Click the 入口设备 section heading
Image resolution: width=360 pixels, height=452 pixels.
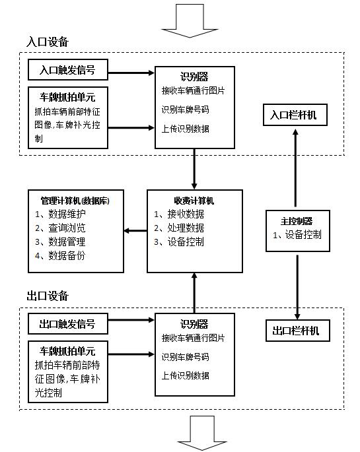tap(48, 42)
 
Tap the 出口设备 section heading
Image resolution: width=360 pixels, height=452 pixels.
tap(48, 296)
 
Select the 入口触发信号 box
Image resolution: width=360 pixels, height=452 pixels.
tap(68, 70)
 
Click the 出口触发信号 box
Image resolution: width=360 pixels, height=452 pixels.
tap(68, 324)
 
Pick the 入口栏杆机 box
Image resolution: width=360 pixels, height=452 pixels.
tap(295, 115)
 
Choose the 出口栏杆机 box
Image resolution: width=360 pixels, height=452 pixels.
tap(297, 331)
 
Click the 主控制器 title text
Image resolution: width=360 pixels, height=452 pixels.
tap(297, 221)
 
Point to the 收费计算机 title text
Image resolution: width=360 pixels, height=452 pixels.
tap(194, 201)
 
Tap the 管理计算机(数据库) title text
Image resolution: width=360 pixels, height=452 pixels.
tap(75, 201)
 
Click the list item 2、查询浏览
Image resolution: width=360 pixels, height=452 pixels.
tap(60, 228)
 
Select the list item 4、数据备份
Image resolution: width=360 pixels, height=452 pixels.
tap(60, 255)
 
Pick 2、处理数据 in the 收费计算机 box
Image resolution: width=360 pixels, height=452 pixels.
tap(179, 228)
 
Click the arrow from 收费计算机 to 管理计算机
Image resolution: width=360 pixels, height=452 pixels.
tap(135, 230)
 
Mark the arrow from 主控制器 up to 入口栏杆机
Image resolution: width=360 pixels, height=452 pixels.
tap(295, 168)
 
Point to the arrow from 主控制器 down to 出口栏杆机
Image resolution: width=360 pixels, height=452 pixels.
tap(297, 287)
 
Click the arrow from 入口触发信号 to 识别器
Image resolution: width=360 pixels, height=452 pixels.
tap(131, 73)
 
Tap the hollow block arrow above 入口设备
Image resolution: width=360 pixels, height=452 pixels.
tap(190, 20)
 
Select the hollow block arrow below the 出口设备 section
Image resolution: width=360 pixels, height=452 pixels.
tap(202, 433)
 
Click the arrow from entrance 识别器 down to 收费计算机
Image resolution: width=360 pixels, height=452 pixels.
tap(194, 169)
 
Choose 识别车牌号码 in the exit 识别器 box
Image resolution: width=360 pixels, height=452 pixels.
tap(185, 357)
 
